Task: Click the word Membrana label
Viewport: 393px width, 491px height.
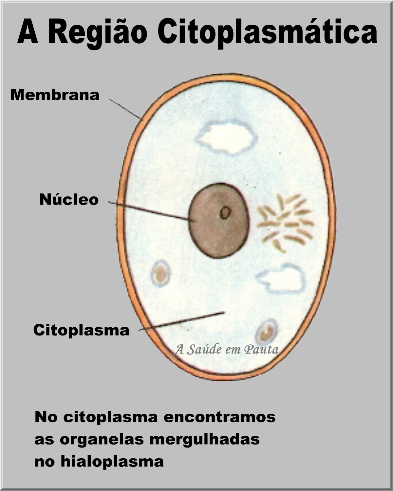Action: (55, 95)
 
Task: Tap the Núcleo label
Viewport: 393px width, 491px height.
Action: (69, 199)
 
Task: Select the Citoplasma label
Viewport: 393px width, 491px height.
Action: (81, 330)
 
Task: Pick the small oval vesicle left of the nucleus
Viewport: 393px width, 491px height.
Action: (161, 273)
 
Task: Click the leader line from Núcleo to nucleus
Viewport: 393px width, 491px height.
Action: (149, 210)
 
